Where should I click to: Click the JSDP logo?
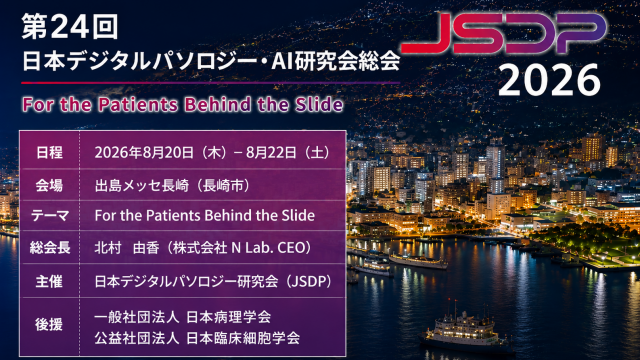(x=504, y=33)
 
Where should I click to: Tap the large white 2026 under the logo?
(x=549, y=80)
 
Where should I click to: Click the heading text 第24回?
(x=70, y=27)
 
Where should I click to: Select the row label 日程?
(x=49, y=153)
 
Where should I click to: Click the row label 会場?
(x=49, y=186)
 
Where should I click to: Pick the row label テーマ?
(x=49, y=216)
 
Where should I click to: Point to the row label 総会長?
(x=49, y=247)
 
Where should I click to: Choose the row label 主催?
(x=49, y=281)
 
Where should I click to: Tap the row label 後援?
(x=49, y=324)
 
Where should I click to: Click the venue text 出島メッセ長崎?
(x=142, y=186)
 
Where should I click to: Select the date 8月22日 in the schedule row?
(x=271, y=153)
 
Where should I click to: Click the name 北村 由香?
(x=127, y=247)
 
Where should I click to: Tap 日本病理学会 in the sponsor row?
(x=229, y=317)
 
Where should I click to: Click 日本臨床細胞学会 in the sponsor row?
(x=243, y=338)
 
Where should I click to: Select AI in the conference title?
(x=281, y=62)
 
